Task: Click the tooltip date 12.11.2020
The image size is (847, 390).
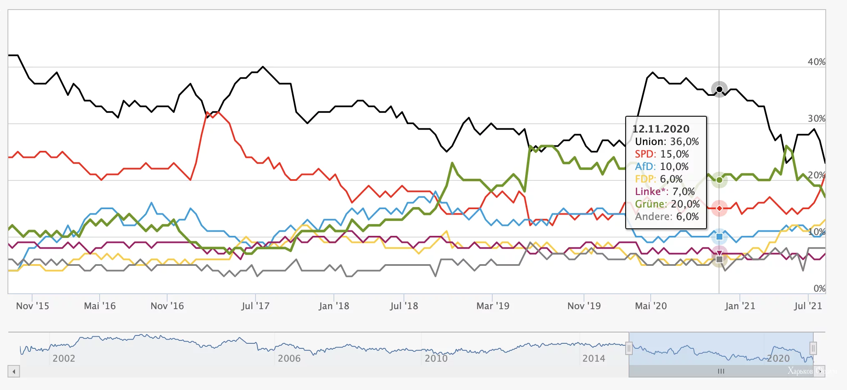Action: (x=661, y=129)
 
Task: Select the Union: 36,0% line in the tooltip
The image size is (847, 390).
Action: (x=667, y=142)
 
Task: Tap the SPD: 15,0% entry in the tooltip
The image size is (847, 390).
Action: (x=662, y=154)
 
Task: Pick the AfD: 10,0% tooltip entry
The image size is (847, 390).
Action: (x=662, y=167)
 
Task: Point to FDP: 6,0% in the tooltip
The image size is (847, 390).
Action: (x=659, y=179)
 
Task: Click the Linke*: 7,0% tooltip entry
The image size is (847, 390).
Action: (x=664, y=192)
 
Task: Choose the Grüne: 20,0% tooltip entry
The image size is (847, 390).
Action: (x=667, y=204)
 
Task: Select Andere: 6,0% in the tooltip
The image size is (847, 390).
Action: (x=667, y=217)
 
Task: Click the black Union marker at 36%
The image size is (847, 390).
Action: (x=719, y=90)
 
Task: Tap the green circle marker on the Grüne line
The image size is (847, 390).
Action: (x=719, y=180)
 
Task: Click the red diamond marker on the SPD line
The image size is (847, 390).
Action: (x=719, y=208)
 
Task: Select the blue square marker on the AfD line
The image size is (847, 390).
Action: (x=719, y=237)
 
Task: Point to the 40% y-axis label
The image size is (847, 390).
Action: (x=816, y=62)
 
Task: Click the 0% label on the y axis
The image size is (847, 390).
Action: (x=819, y=288)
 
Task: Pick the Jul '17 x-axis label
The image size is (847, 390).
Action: (x=255, y=306)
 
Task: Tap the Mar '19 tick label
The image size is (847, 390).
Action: (x=493, y=306)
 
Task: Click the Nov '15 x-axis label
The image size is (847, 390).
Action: (x=33, y=306)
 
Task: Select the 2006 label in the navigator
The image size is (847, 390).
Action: (x=289, y=358)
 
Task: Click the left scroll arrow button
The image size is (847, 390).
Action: (x=14, y=371)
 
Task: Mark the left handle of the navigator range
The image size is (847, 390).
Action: (x=629, y=348)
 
